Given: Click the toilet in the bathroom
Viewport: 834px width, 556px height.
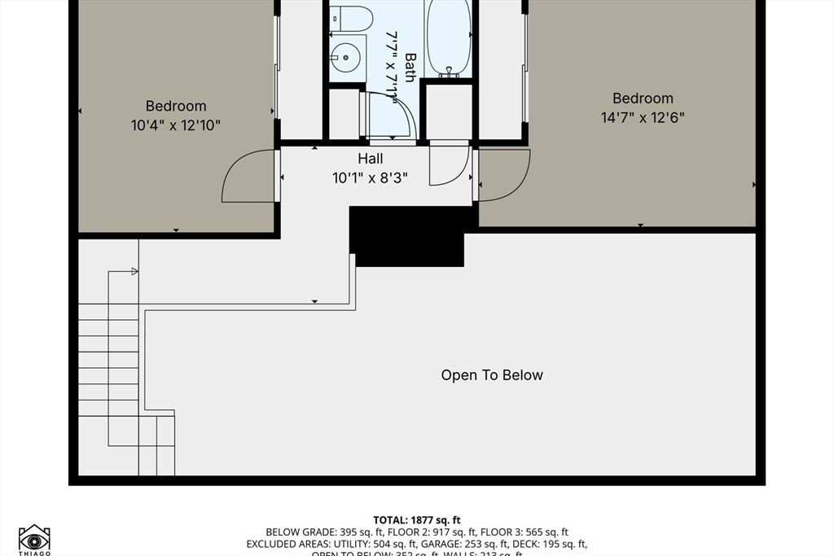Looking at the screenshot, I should (x=351, y=17).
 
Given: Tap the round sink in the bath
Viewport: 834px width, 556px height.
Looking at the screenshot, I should (x=346, y=57).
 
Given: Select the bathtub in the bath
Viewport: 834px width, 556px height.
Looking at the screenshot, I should (x=449, y=37).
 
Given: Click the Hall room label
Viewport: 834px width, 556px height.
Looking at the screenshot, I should (x=370, y=159).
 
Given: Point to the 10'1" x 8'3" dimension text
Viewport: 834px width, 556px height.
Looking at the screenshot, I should (x=370, y=177).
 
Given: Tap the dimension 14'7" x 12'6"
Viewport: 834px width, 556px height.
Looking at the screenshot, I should (x=642, y=117).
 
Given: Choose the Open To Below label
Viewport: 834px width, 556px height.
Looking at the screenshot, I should (x=492, y=375).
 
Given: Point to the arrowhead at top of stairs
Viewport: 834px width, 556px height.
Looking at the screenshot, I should (x=134, y=271).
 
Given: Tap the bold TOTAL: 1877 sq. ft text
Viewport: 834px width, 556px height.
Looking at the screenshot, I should (x=417, y=519).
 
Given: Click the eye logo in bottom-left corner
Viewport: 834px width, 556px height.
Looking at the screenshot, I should (x=34, y=538).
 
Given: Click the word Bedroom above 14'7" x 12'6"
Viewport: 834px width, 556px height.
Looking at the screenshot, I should (x=643, y=99).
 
